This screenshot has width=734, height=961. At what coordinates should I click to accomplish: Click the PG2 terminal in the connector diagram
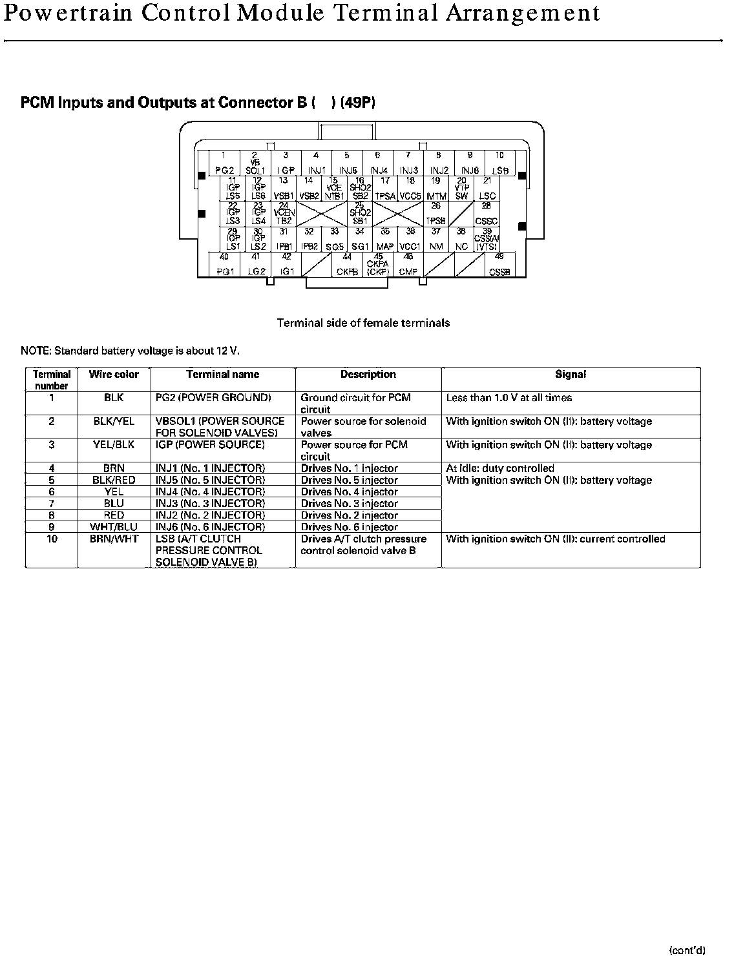pyautogui.click(x=224, y=163)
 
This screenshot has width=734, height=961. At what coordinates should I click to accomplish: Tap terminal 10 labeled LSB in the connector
pyautogui.click(x=499, y=163)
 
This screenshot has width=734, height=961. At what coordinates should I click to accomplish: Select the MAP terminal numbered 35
pyautogui.click(x=385, y=240)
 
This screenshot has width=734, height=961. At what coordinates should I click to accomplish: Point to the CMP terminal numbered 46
pyautogui.click(x=408, y=265)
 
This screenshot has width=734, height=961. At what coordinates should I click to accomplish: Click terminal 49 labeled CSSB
pyautogui.click(x=499, y=265)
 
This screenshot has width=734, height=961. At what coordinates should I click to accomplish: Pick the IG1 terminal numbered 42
pyautogui.click(x=287, y=265)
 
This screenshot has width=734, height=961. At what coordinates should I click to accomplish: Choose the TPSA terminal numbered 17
pyautogui.click(x=385, y=189)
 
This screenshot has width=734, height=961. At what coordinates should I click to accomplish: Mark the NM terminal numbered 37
pyautogui.click(x=436, y=240)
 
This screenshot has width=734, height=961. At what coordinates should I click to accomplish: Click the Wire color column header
pyautogui.click(x=114, y=375)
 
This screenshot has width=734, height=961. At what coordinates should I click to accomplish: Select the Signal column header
pyautogui.click(x=571, y=375)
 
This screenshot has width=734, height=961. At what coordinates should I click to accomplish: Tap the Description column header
pyautogui.click(x=368, y=375)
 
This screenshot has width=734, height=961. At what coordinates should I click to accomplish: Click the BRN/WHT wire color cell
pyautogui.click(x=114, y=539)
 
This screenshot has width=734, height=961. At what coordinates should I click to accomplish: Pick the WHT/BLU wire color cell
pyautogui.click(x=114, y=527)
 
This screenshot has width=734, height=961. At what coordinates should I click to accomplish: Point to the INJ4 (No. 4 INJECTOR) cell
pyautogui.click(x=210, y=491)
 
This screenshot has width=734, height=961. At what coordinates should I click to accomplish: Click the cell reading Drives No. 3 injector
pyautogui.click(x=350, y=504)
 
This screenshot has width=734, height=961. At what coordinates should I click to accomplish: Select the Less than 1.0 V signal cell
pyautogui.click(x=509, y=398)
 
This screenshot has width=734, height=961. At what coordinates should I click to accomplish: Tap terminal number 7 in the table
pyautogui.click(x=52, y=503)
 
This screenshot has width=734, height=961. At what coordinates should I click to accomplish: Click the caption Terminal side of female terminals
pyautogui.click(x=363, y=322)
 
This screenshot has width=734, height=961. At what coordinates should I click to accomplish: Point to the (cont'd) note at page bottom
pyautogui.click(x=687, y=949)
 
